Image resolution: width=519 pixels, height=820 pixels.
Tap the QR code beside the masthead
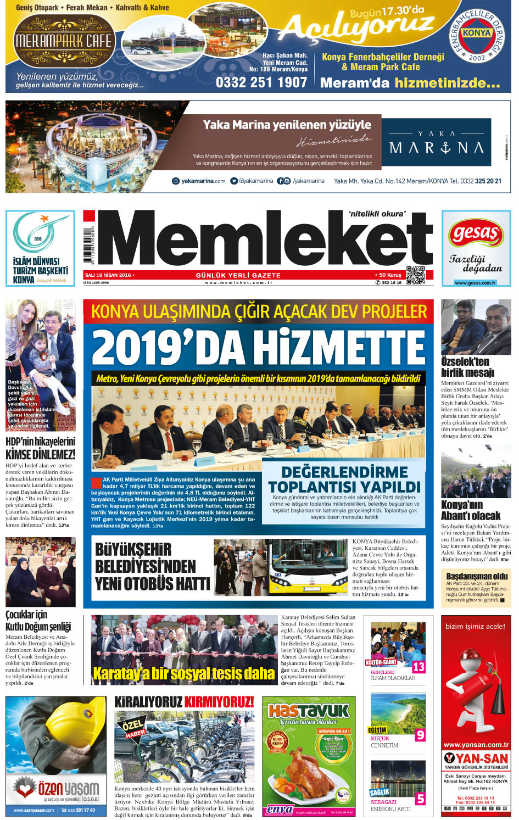pyautogui.click(x=416, y=275)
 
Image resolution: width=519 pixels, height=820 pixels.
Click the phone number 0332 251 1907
pyautogui.click(x=261, y=82)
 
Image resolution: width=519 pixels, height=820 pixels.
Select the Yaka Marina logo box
pyautogui.click(x=437, y=141)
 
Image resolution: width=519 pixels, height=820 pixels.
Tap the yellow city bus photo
pyautogui.click(x=308, y=568)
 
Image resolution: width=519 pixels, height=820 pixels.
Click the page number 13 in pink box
pyautogui.click(x=418, y=667)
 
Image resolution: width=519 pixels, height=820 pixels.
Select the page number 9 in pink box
pyautogui.click(x=420, y=735)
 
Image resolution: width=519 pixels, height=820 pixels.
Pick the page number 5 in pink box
pyautogui.click(x=420, y=799)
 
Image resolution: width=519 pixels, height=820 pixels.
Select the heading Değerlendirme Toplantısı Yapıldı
pyautogui.click(x=344, y=479)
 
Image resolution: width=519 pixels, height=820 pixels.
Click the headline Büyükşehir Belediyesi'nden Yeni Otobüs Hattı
pyautogui.click(x=152, y=566)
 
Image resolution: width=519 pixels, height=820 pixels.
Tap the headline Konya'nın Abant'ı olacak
pyautogui.click(x=471, y=510)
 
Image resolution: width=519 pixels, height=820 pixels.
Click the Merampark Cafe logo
pyautogui.click(x=63, y=41)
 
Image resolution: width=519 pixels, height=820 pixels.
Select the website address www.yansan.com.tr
pyautogui.click(x=476, y=745)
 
